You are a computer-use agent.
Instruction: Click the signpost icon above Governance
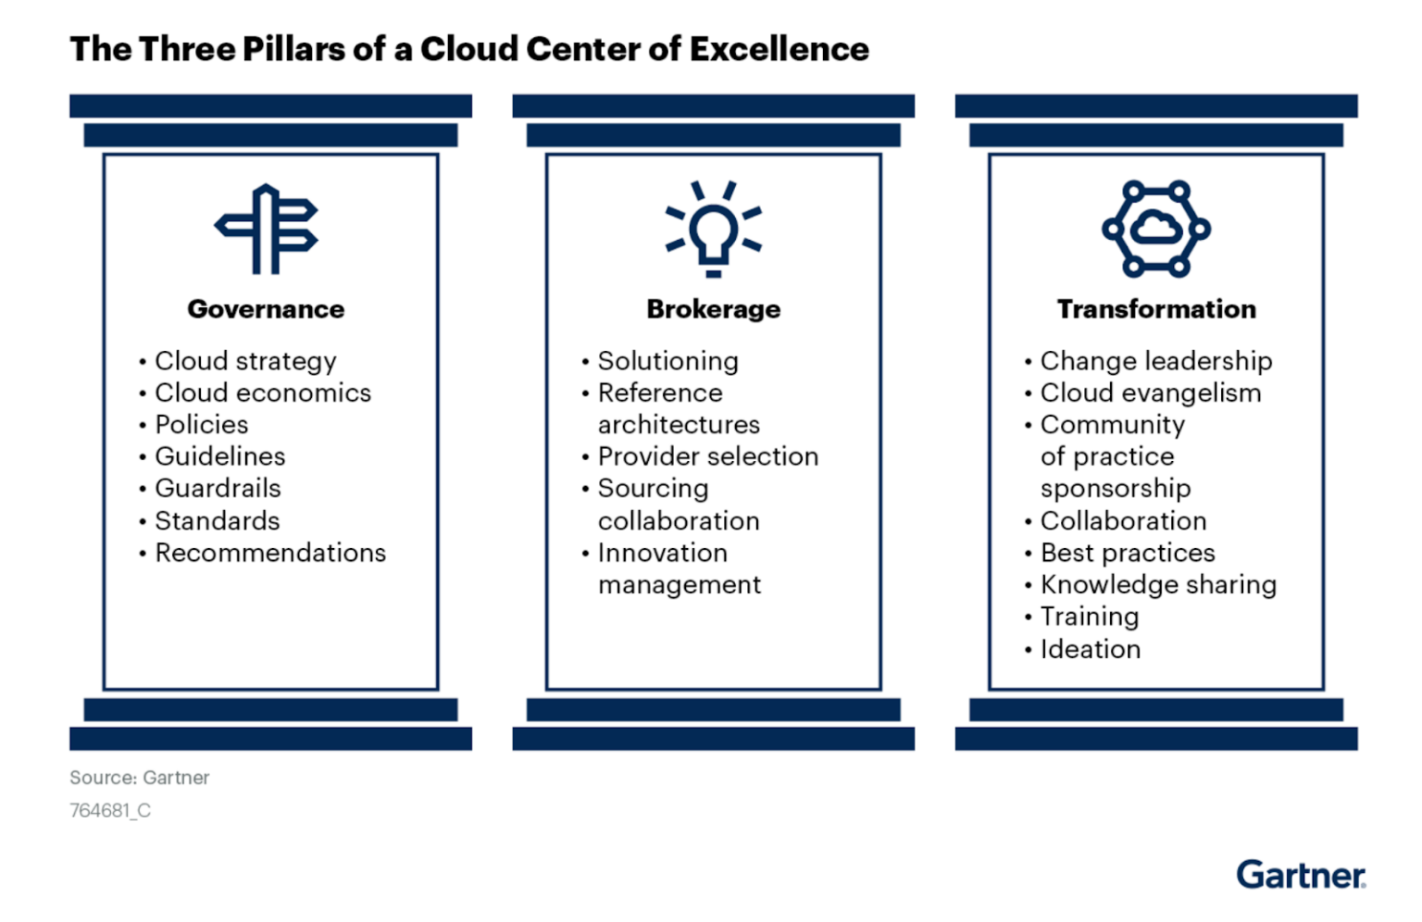[267, 229]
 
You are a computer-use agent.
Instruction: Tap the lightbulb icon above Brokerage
[713, 229]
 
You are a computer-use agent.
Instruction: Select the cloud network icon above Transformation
[1155, 229]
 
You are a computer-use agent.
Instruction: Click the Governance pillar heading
[266, 309]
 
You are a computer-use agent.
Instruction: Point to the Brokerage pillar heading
[713, 309]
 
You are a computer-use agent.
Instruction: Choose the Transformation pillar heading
[1156, 309]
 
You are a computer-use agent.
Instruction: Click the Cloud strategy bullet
[245, 361]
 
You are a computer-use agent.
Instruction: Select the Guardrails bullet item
[218, 488]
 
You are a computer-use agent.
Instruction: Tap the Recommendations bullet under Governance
[270, 553]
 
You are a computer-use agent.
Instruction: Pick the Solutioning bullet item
[667, 361]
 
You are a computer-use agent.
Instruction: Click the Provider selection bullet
[707, 456]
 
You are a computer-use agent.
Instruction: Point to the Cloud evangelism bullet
[1150, 393]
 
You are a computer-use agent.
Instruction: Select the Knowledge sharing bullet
[1158, 585]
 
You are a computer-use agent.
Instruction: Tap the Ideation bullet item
[1090, 649]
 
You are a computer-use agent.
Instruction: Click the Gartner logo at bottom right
[1301, 875]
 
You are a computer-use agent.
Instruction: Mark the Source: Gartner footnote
[140, 778]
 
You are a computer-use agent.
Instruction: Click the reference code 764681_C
[110, 811]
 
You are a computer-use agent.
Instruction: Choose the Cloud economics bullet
[263, 393]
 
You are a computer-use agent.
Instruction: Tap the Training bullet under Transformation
[1089, 617]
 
